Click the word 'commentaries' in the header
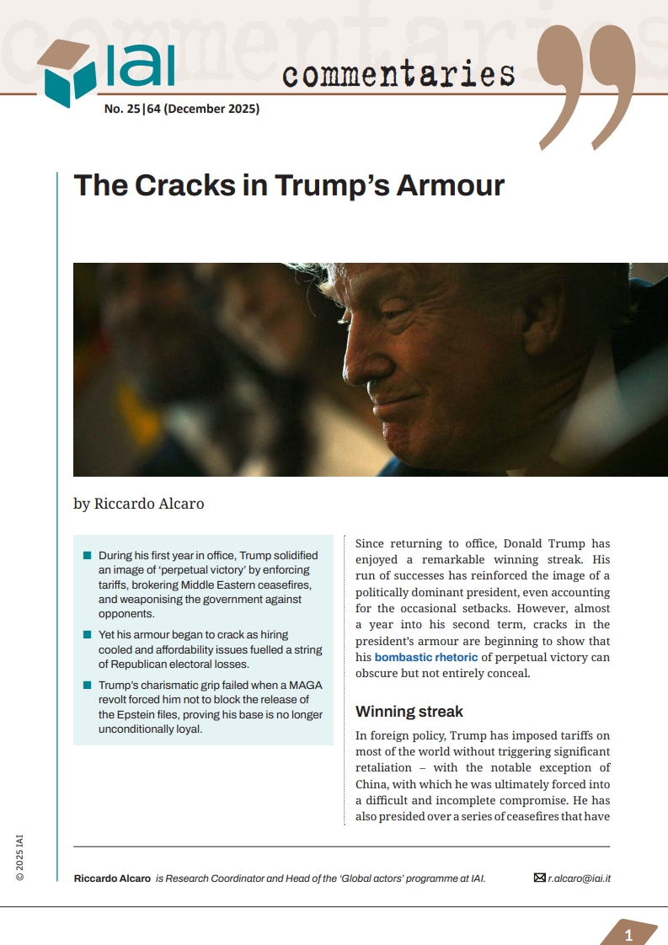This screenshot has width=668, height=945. pos(398,74)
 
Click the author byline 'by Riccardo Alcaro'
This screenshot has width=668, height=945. pos(138,504)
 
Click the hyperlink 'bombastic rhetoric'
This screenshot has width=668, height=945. pos(426,657)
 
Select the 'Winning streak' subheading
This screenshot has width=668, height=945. pos(409,712)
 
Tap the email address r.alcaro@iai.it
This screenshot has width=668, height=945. pos(579,878)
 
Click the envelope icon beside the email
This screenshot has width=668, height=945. pos(540,878)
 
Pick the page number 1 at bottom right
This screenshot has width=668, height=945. pos(628,936)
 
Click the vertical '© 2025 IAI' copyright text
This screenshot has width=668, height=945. pos(19,857)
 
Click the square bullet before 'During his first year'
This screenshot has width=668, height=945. pos(87,556)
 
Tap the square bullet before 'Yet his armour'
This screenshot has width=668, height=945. pos(87,633)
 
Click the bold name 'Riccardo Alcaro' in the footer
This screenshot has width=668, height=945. pos(112,878)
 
